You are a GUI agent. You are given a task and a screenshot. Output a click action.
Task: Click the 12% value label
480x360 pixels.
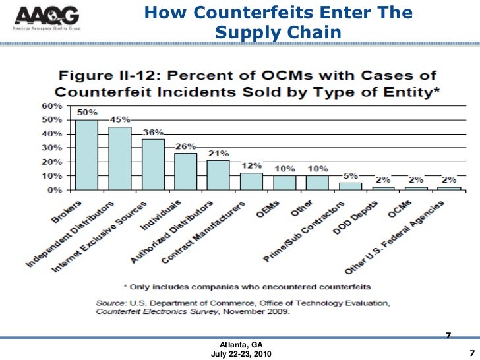pos(251,165)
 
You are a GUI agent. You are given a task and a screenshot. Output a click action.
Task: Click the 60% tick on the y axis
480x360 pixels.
pos(52,106)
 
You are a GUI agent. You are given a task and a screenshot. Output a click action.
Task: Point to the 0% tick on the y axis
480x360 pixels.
pos(55,190)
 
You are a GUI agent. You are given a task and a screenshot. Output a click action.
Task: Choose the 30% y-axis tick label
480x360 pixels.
pos(52,148)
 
